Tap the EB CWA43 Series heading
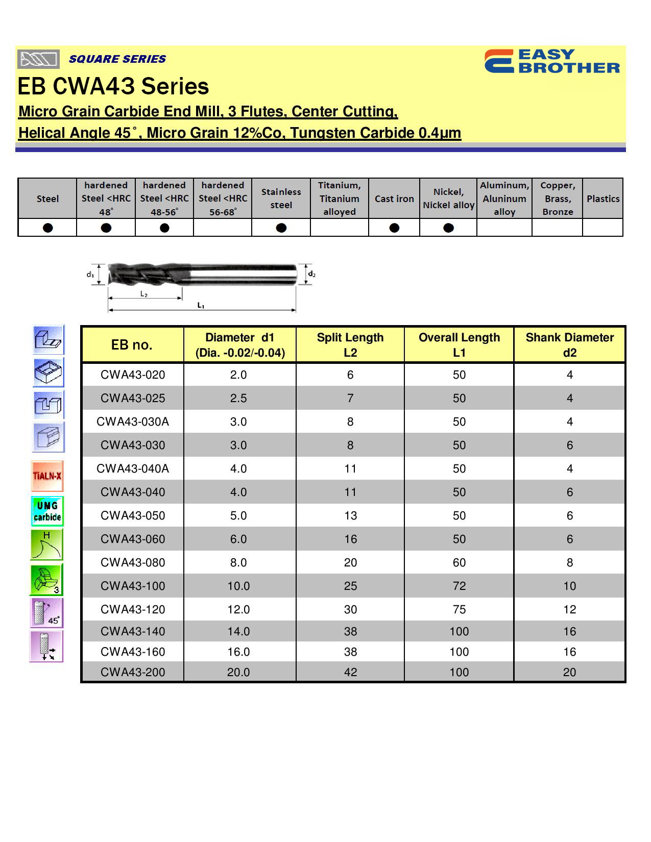(113, 86)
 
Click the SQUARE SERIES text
(117, 59)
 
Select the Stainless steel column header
(281, 199)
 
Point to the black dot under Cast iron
(394, 228)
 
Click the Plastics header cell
(602, 199)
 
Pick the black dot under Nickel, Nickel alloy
(448, 228)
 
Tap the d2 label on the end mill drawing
(311, 275)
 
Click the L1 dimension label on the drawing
(201, 305)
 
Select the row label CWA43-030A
(133, 422)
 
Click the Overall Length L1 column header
(459, 345)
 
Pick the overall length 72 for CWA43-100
(459, 586)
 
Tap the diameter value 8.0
(238, 562)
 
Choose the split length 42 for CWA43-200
(350, 672)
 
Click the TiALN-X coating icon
(47, 476)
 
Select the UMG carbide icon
(47, 511)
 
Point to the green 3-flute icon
(46, 580)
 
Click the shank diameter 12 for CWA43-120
(569, 609)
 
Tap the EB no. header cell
(132, 345)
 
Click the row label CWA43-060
(133, 539)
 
